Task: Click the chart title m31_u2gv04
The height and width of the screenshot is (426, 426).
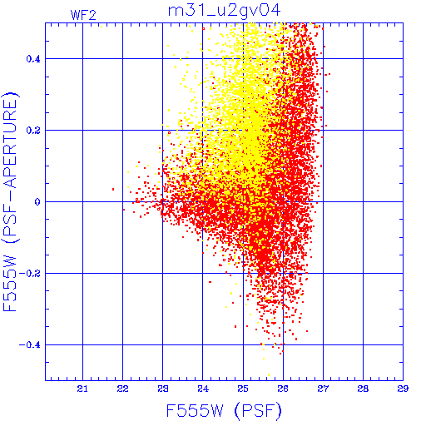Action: [225, 11]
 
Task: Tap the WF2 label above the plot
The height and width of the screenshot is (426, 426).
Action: [83, 15]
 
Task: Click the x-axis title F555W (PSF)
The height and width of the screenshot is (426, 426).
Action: [224, 410]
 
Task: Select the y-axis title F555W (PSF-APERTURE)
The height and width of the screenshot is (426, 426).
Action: [10, 202]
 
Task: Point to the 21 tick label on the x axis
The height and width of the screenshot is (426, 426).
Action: [82, 389]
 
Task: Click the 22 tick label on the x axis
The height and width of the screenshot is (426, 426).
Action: [122, 389]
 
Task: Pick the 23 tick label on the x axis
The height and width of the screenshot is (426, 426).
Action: [163, 389]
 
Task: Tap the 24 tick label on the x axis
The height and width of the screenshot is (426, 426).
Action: [203, 389]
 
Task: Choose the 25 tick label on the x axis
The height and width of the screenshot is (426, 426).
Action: [243, 389]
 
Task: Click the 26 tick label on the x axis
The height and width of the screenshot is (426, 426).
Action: [283, 389]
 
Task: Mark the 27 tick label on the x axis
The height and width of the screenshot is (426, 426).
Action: [323, 389]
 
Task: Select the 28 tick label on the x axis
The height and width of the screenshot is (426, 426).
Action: [363, 389]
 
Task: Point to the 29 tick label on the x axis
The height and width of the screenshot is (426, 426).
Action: [403, 389]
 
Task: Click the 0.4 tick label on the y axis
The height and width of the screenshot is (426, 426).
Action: [33, 59]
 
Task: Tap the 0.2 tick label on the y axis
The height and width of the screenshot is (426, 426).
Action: [33, 131]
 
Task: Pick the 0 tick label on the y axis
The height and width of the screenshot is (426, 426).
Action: [37, 202]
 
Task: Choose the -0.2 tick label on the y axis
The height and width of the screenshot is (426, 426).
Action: [30, 274]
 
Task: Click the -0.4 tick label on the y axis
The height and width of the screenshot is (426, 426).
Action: [30, 345]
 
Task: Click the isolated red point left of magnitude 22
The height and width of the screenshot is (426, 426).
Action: [113, 189]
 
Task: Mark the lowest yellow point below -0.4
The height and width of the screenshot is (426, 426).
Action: [269, 375]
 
